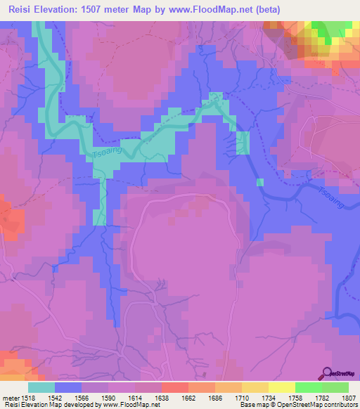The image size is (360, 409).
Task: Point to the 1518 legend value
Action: (x=25, y=397)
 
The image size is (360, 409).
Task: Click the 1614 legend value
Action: (x=136, y=397)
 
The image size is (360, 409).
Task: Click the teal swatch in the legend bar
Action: (x=41, y=387)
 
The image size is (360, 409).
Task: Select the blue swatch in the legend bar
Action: (x=68, y=387)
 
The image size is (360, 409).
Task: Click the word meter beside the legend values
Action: (x=8, y=397)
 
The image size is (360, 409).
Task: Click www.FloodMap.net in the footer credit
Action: (x=130, y=405)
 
